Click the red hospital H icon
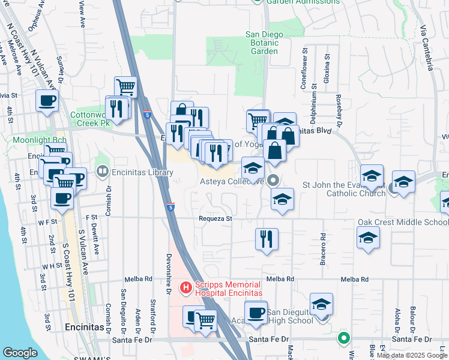pos(186,289)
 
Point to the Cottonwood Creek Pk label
pos(91,118)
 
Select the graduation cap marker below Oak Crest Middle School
pos(369,238)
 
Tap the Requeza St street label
pos(216,219)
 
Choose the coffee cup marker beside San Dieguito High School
pos(256,313)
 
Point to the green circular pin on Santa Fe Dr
pos(343,338)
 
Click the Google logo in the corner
pos(20,353)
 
